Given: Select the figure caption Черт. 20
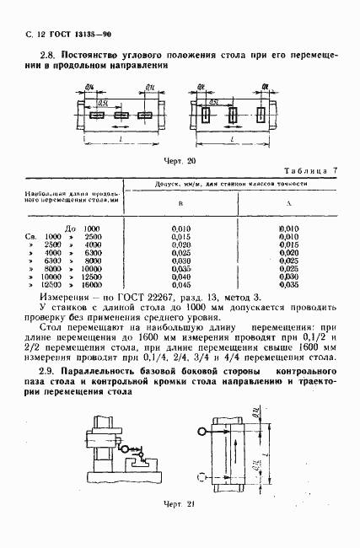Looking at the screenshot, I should pyautogui.click(x=179, y=160).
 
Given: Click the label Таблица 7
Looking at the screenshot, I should pyautogui.click(x=309, y=171).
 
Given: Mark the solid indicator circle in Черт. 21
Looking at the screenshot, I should pyautogui.click(x=203, y=432).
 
